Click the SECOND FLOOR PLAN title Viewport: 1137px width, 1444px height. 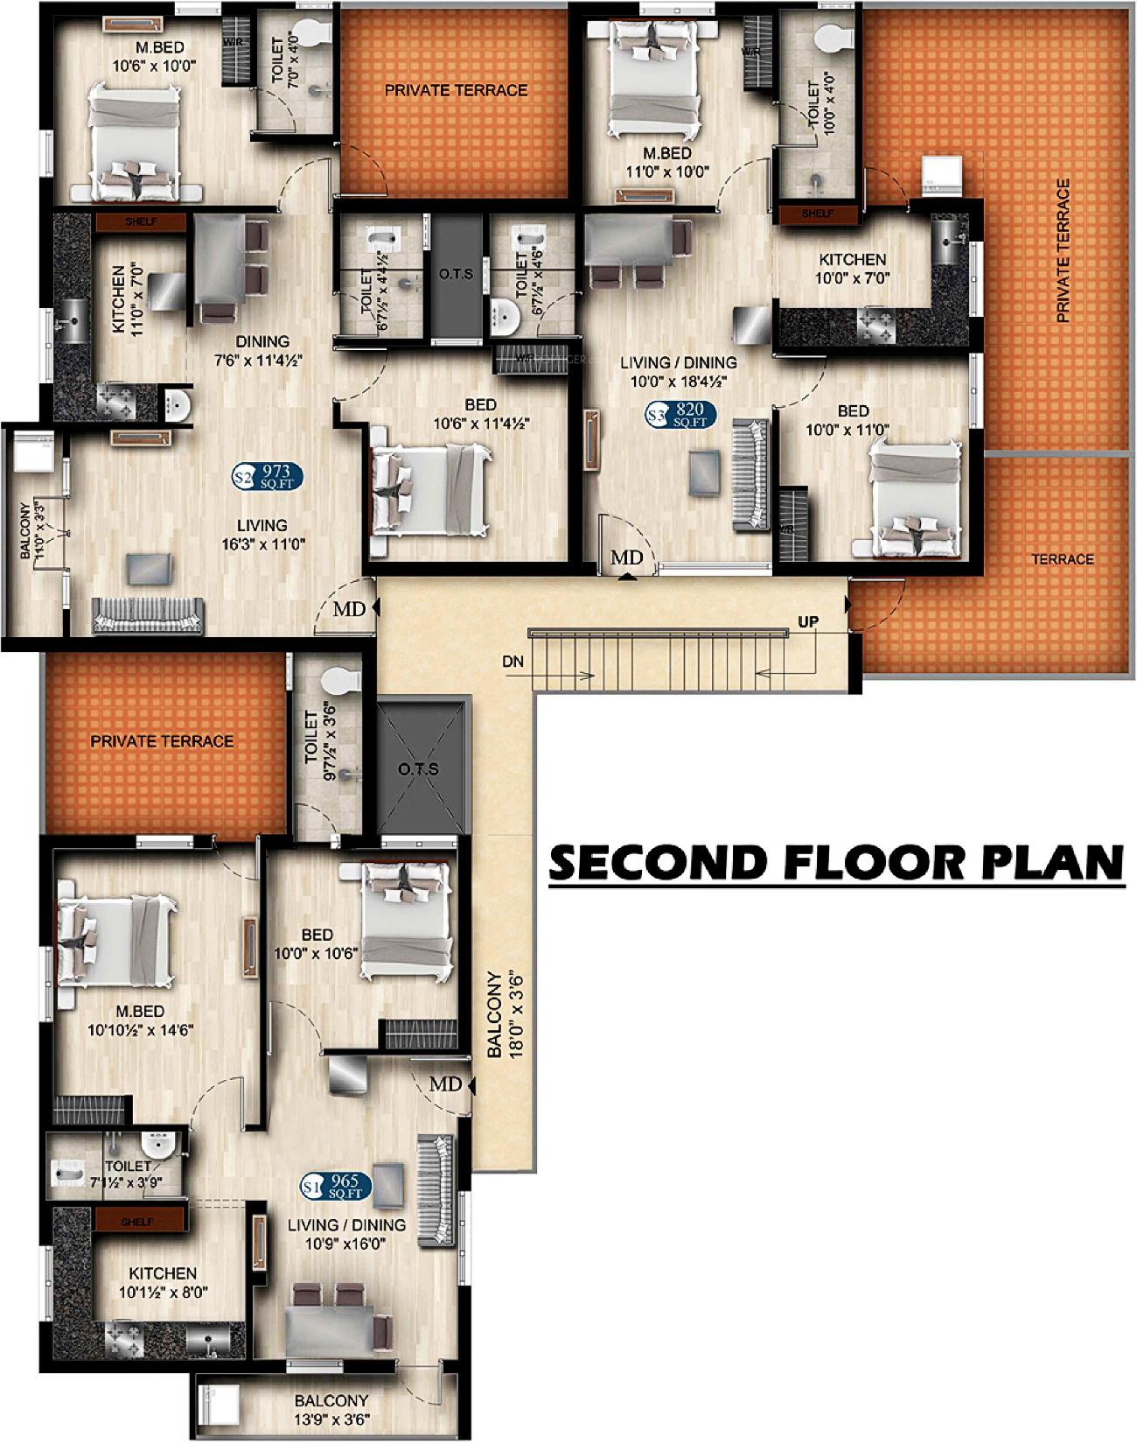point(835,862)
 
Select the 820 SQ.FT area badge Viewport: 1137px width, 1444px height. point(681,414)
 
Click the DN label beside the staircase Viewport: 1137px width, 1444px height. point(513,662)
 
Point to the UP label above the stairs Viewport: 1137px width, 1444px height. point(807,622)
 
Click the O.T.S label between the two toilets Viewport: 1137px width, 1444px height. point(456,275)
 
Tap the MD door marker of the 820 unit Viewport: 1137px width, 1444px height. point(626,558)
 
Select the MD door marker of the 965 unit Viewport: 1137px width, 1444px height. point(446,1084)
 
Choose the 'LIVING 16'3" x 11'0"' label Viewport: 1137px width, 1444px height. point(262,534)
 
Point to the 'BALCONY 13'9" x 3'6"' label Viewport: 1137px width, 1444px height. point(331,1408)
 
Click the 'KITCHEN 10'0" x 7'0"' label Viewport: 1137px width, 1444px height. point(852,269)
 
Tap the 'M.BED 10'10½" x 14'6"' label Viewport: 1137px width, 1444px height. point(140,1020)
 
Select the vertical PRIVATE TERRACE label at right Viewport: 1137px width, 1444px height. point(1063,251)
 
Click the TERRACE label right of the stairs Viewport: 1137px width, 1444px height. point(1062,559)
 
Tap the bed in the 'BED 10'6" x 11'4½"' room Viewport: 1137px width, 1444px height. point(429,489)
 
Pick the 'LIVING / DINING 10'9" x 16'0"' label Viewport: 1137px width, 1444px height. point(346,1234)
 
